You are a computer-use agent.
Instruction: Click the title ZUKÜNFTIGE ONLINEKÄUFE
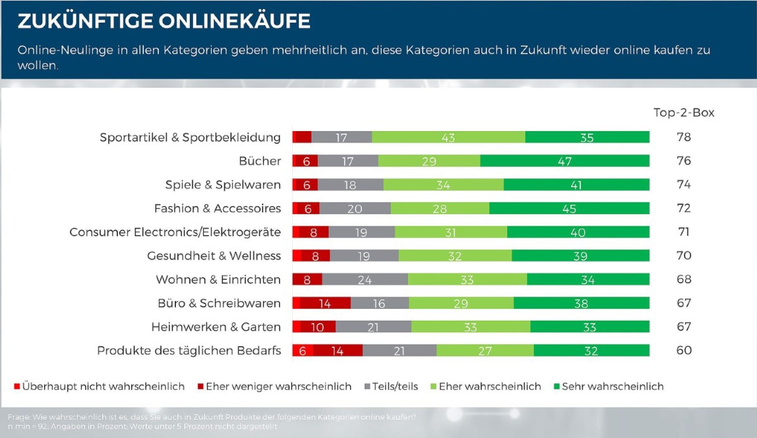164,21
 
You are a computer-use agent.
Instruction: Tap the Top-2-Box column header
683,113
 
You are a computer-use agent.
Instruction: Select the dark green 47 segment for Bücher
565,161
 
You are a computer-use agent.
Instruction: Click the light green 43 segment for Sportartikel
448,137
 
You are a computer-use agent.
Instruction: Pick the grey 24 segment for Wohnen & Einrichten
365,279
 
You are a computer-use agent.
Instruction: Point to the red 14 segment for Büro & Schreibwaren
325,303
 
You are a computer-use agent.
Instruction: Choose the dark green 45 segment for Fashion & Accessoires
569,209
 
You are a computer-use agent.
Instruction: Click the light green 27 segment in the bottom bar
484,350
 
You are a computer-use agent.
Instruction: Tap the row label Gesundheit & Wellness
214,256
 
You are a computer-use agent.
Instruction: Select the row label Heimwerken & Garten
216,327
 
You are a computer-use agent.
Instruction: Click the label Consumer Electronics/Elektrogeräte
175,232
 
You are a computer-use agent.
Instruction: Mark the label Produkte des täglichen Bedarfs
189,350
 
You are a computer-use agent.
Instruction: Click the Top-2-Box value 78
683,137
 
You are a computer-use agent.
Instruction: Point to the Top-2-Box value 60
683,350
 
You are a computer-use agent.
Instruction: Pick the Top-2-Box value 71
683,232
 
